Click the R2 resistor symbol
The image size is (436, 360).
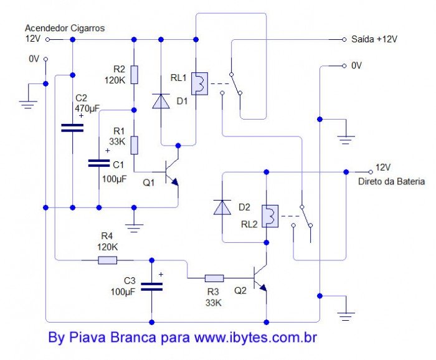tap(134, 73)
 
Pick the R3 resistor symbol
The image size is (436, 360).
tap(214, 278)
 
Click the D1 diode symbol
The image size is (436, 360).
tap(161, 101)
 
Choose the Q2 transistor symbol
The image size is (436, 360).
tap(260, 280)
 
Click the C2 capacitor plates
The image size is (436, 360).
tap(72, 128)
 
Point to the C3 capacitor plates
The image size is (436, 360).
tap(152, 287)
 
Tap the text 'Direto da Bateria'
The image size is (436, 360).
tap(391, 181)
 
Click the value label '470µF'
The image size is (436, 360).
tap(87, 108)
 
